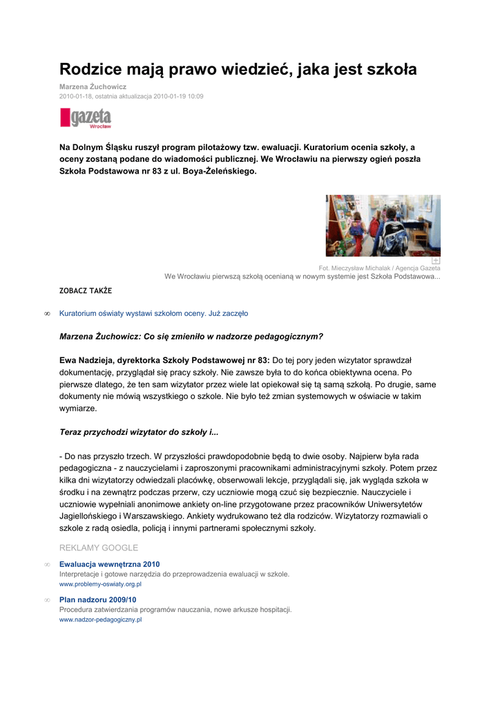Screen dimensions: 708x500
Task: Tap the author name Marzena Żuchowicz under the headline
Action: (93, 86)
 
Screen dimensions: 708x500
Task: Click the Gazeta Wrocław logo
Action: (86, 118)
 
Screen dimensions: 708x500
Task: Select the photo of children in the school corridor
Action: (383, 225)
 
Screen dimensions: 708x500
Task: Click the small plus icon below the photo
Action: (436, 260)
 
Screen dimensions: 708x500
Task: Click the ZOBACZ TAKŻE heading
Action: (86, 291)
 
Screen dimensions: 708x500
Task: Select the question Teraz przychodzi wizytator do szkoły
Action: (139, 432)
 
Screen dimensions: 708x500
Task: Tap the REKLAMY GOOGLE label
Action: (99, 548)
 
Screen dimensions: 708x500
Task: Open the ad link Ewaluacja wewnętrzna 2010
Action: (109, 564)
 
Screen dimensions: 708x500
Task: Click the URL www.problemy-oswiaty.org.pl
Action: (100, 584)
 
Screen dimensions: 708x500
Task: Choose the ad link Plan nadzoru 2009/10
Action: (97, 599)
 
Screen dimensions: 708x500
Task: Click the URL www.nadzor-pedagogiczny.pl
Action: (100, 619)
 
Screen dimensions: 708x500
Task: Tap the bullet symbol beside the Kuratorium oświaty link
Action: (47, 314)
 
